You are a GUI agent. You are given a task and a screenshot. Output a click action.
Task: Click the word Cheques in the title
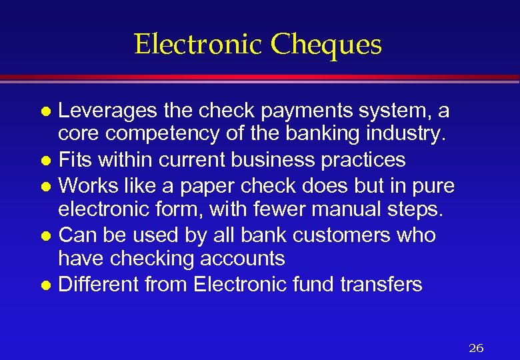[x=327, y=45]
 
